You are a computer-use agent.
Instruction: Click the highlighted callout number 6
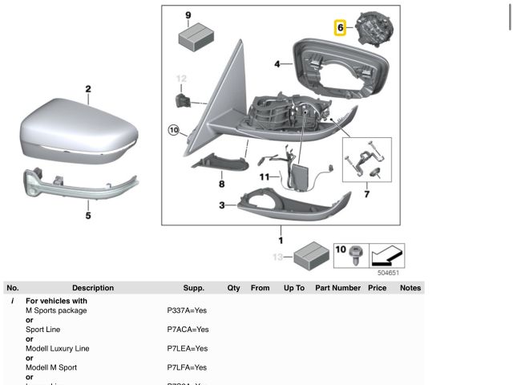pos(341,28)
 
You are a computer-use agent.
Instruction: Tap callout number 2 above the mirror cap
pos(88,90)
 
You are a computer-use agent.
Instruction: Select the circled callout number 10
pos(174,129)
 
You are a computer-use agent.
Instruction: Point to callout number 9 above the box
pos(188,15)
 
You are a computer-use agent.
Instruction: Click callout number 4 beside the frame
pos(277,63)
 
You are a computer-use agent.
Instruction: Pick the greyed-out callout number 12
pos(181,79)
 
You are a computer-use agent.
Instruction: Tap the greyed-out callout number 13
pos(277,257)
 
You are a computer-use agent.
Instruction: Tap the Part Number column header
pos(337,288)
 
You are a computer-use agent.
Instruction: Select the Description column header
pos(93,288)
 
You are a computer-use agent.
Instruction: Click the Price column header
pos(377,288)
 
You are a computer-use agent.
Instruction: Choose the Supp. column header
pos(193,288)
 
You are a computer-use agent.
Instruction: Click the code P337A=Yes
pos(187,310)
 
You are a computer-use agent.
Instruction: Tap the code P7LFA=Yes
pos(187,368)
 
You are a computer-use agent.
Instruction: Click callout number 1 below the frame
pos(281,240)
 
